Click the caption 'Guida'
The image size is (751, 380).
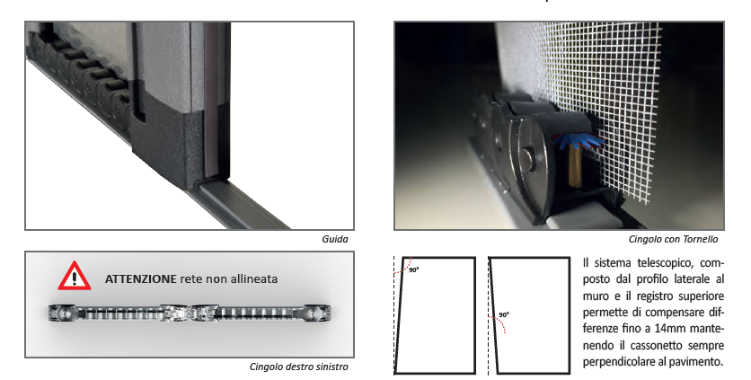click(335, 239)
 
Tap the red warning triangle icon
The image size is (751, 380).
click(75, 277)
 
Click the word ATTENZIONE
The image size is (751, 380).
click(141, 278)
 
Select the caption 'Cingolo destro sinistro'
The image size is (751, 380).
click(299, 367)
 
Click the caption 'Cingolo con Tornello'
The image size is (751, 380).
click(673, 239)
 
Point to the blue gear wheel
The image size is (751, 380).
click(579, 140)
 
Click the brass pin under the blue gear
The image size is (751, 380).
click(575, 167)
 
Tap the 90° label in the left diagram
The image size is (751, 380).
click(414, 270)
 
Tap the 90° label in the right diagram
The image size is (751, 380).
click(504, 314)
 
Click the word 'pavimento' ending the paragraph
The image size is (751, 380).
click(698, 362)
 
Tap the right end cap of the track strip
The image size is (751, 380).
click(316, 313)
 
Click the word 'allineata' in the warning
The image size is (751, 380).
click(257, 278)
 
